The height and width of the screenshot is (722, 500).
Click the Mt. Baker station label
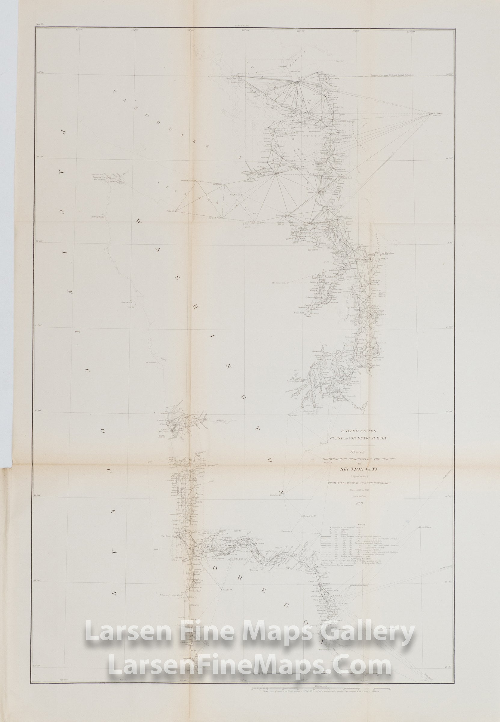tap(438, 114)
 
